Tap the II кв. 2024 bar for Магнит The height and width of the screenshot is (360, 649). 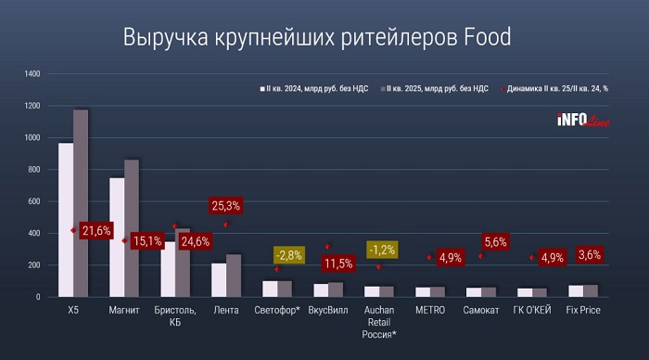tap(117, 237)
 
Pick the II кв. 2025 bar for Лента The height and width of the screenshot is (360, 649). tap(234, 275)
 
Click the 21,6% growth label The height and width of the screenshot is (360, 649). tap(97, 230)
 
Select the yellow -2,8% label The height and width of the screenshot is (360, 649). tap(286, 254)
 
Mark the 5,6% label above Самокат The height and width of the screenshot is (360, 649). tap(496, 242)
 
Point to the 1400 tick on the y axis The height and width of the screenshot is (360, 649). tap(32, 73)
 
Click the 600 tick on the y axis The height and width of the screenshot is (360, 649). tap(35, 201)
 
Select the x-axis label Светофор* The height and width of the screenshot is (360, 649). tap(276, 310)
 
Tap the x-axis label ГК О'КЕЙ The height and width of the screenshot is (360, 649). tap(533, 310)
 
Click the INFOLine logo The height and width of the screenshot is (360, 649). tap(581, 119)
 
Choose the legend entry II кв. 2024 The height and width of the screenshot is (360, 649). tap(316, 89)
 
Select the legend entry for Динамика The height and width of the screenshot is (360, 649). tap(562, 89)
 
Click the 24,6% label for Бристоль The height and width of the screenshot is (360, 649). tap(195, 241)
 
